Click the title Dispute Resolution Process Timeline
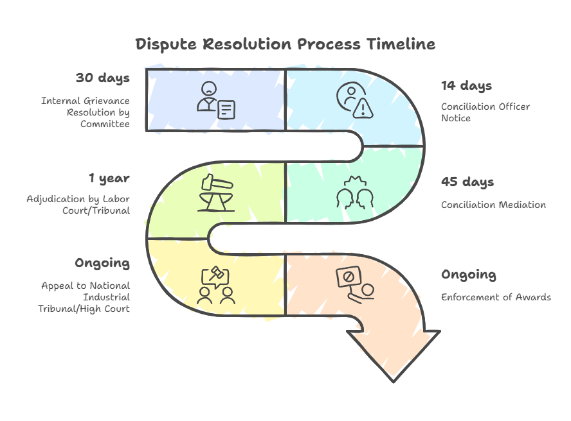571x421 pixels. (x=285, y=44)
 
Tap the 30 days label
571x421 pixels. (x=102, y=78)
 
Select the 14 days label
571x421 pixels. (x=466, y=85)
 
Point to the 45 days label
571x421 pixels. (x=467, y=182)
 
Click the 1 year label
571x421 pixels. (x=109, y=178)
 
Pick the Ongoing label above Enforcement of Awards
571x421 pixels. (x=468, y=275)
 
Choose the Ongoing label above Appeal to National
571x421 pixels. (x=102, y=262)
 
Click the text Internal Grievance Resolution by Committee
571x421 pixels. (x=86, y=112)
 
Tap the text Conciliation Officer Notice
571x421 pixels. (x=485, y=112)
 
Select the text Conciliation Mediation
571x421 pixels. (x=493, y=205)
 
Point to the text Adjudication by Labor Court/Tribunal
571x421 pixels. (x=78, y=205)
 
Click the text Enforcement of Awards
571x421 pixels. (x=495, y=297)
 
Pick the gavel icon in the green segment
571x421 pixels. (x=216, y=191)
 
